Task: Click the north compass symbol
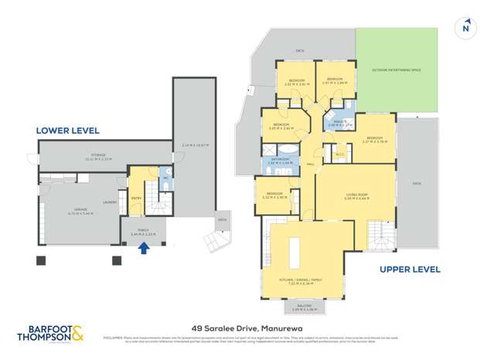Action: click(465, 28)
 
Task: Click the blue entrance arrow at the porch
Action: click(142, 248)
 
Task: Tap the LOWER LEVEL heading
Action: click(70, 131)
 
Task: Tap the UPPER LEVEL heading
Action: click(409, 270)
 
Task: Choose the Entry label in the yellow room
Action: click(136, 199)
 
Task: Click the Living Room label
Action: click(356, 196)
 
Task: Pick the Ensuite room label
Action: click(338, 122)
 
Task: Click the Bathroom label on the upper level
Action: click(280, 161)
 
